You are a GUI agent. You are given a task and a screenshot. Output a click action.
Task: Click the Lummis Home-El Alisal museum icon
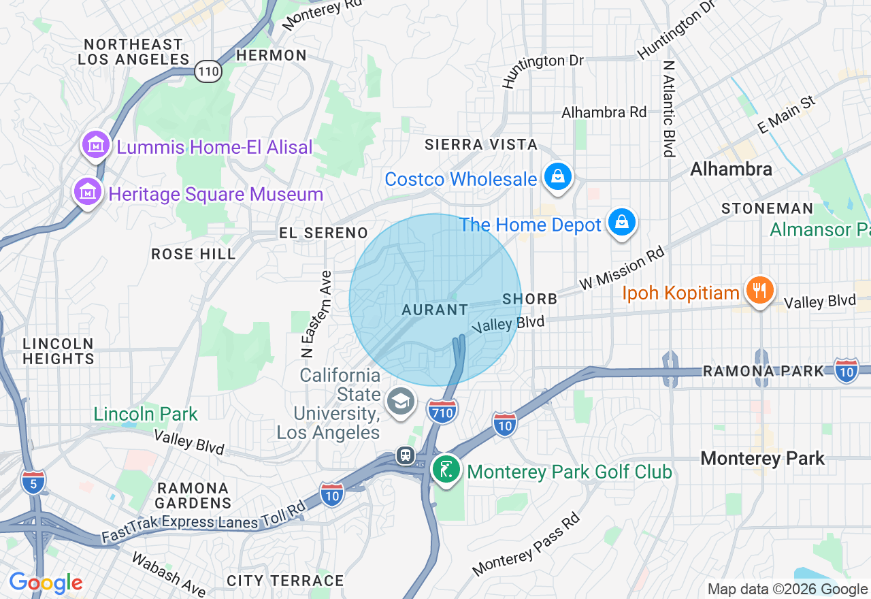[x=96, y=145]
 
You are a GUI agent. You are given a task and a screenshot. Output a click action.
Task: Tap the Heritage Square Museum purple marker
[x=88, y=193]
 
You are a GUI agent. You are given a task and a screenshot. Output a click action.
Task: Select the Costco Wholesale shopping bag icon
[x=558, y=178]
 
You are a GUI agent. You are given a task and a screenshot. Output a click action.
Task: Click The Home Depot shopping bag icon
[x=622, y=223]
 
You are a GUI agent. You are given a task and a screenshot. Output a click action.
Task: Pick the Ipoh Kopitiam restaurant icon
[x=759, y=291]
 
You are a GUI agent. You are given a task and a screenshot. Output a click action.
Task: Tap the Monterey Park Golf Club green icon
[x=446, y=470]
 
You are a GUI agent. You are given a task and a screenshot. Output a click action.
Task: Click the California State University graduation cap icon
[x=400, y=402]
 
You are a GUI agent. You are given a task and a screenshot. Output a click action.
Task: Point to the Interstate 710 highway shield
[x=442, y=411]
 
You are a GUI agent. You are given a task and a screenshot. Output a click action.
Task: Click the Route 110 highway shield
[x=208, y=70]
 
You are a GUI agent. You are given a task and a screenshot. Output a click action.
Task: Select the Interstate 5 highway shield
[x=33, y=481]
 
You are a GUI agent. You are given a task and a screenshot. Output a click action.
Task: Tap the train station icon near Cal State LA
[x=406, y=455]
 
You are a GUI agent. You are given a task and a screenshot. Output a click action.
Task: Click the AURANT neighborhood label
[x=435, y=310]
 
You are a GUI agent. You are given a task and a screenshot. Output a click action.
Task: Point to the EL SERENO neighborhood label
[x=323, y=233]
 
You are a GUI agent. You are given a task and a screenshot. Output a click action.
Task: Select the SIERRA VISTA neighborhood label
[x=481, y=144]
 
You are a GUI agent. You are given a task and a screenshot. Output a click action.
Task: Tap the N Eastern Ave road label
[x=307, y=314]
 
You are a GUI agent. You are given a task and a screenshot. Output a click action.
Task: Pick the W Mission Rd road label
[x=621, y=268]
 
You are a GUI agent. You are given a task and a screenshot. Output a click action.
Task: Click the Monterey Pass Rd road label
[x=527, y=543]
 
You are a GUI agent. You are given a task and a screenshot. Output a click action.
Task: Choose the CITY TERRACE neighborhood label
[x=285, y=581]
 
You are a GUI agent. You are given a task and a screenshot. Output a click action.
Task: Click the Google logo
[x=46, y=583]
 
